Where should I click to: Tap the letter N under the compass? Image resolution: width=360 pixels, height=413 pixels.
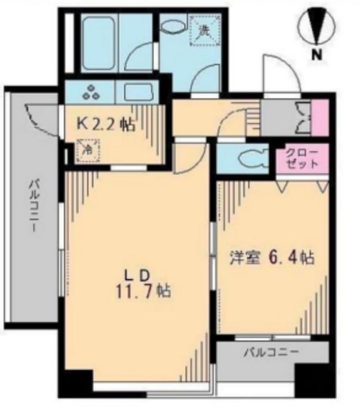click(x=316, y=56)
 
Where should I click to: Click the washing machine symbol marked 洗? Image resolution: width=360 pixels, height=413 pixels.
click(x=204, y=31)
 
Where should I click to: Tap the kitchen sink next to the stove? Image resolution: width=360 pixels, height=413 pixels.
click(x=137, y=90)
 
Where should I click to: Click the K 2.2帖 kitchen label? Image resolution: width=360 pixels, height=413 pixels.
click(x=106, y=124)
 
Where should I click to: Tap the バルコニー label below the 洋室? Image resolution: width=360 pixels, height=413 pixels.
click(x=270, y=353)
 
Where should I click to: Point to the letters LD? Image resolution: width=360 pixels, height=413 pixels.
click(x=141, y=272)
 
